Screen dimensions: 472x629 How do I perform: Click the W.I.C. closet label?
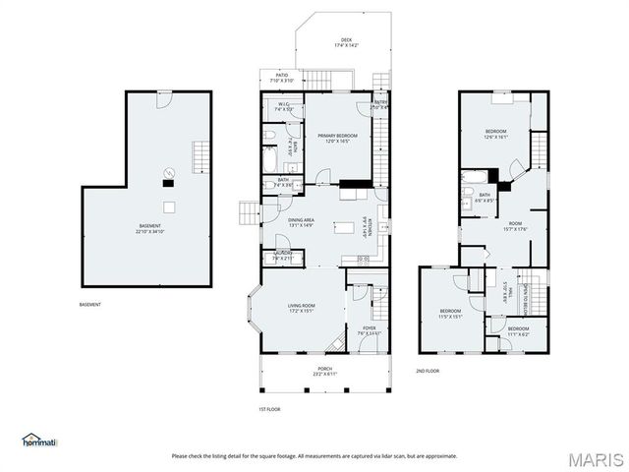pos(283,106)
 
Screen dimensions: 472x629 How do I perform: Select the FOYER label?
pos(369,329)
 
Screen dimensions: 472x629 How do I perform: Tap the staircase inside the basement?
pos(202,155)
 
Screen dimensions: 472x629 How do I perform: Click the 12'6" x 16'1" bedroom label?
pos(495,134)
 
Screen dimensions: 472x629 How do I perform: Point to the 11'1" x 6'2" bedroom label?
pos(518,330)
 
